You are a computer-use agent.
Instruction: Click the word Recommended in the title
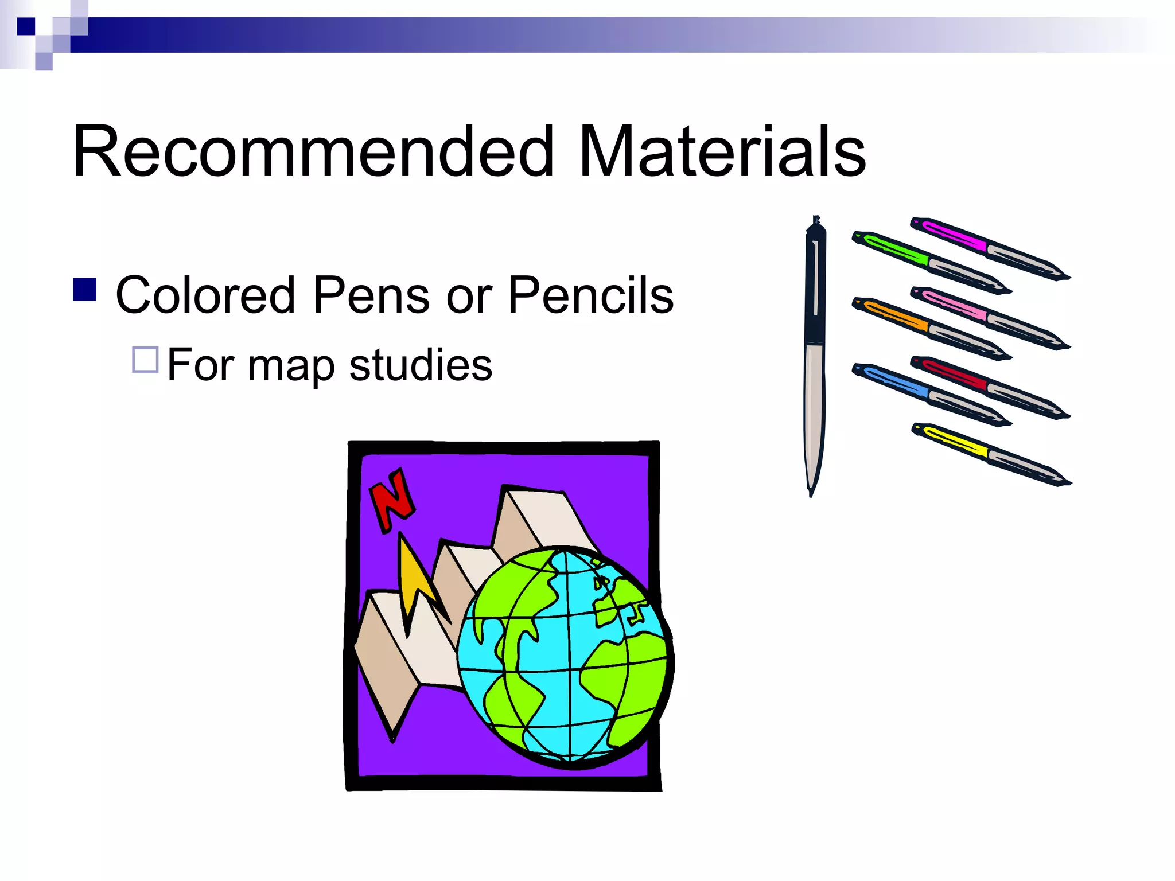point(313,152)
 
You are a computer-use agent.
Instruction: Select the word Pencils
point(590,295)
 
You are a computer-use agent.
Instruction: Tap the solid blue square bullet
point(85,290)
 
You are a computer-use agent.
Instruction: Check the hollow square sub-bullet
point(145,360)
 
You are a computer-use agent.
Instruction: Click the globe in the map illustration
point(565,657)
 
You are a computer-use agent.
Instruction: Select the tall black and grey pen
point(814,356)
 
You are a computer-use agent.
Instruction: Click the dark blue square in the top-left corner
point(26,26)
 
